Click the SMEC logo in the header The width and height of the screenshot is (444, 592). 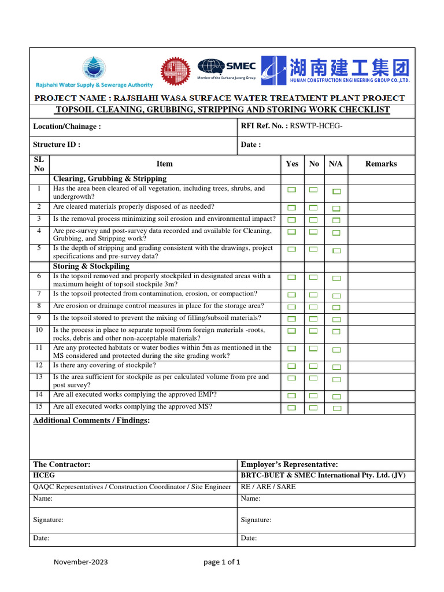pos(226,68)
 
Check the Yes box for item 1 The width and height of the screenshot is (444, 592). pos(292,190)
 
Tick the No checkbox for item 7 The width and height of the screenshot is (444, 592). pos(313,295)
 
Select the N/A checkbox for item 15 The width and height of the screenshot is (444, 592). pos(336,408)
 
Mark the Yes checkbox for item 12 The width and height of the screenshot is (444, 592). pos(292,366)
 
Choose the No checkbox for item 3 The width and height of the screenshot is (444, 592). pos(313,220)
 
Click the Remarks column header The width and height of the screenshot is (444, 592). pos(381,164)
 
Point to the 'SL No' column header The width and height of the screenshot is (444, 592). pos(39,164)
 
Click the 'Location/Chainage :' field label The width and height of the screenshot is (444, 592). pos(67,126)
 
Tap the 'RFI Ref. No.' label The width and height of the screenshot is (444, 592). pos(264,126)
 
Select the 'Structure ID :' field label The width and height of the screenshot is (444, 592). pos(57,145)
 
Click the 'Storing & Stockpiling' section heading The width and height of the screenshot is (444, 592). pos(91,267)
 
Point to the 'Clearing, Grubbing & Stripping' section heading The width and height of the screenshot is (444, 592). pos(110,179)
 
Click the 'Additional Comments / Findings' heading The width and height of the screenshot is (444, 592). pos(91,420)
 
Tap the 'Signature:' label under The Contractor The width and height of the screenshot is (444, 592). pos(48,520)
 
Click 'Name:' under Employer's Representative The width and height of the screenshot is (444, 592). pos(250,498)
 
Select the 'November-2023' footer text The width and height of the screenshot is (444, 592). pos(81,562)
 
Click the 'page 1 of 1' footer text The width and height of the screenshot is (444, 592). pos(222,562)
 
